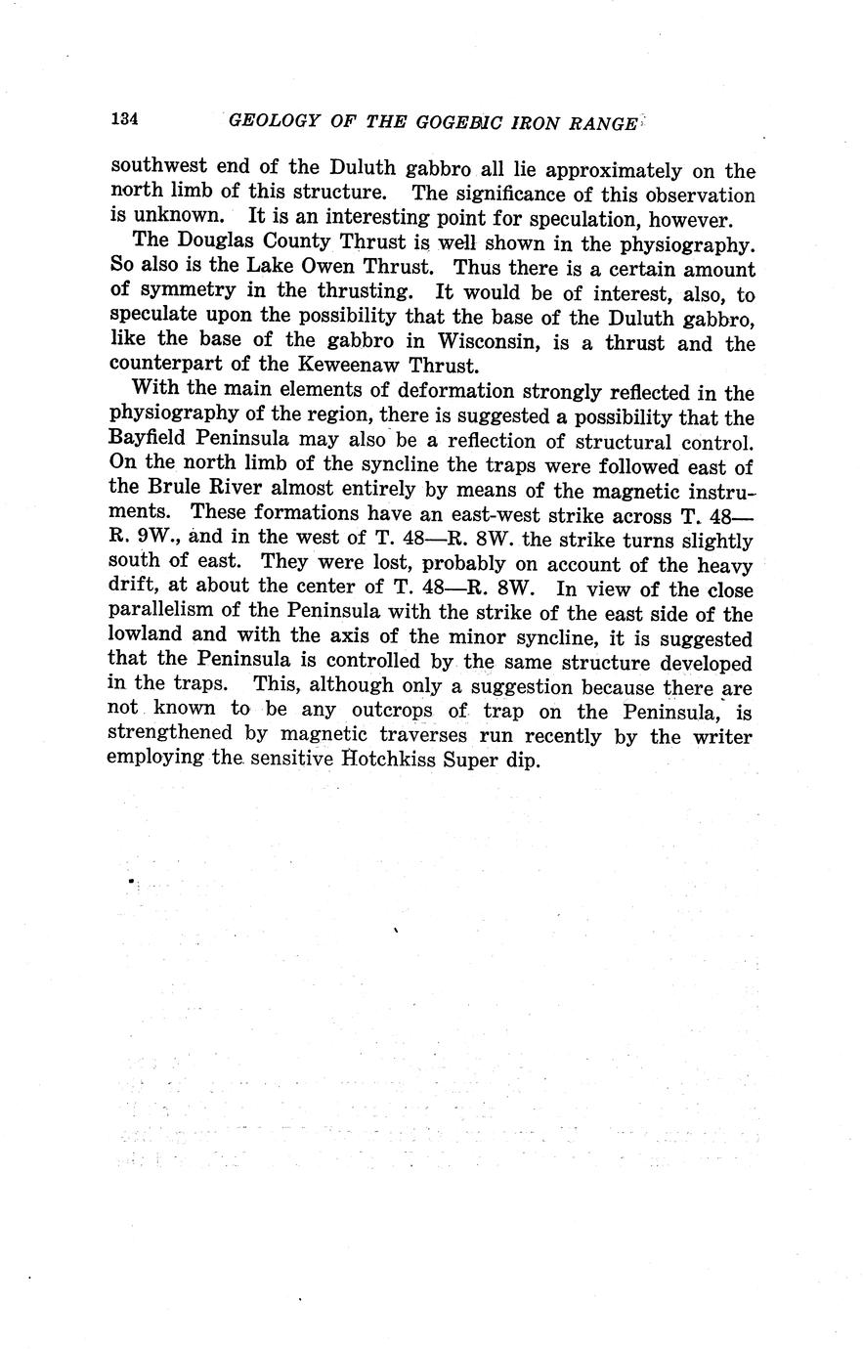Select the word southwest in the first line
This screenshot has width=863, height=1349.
155,168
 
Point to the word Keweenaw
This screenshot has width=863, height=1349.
341,367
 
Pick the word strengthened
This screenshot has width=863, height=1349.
171,735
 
